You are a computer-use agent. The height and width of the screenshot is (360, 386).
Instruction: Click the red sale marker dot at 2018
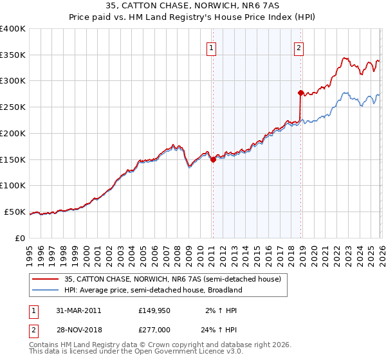click(300, 93)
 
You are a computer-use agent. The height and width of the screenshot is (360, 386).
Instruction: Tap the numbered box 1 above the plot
click(212, 47)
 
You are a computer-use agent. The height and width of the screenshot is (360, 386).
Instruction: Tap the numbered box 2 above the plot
click(299, 47)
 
